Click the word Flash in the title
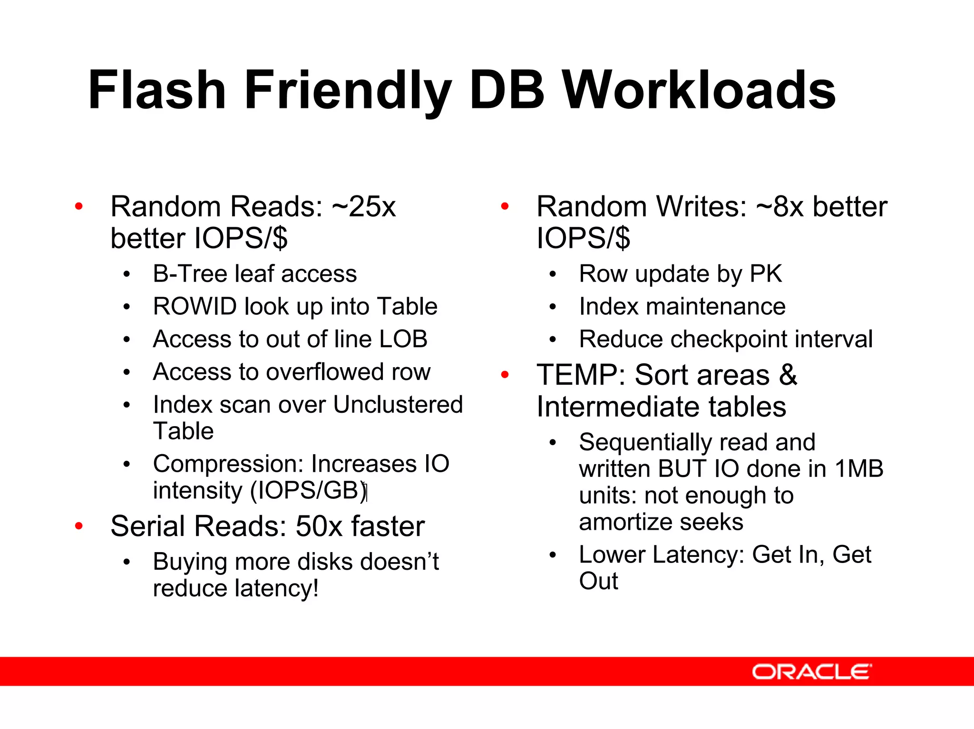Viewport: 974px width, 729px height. point(157,90)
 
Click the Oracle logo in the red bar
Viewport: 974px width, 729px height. point(811,671)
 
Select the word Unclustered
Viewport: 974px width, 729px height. point(398,405)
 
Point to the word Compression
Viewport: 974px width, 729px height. point(228,464)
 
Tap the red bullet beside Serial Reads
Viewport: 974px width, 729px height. point(79,526)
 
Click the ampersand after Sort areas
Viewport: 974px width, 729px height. point(788,375)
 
